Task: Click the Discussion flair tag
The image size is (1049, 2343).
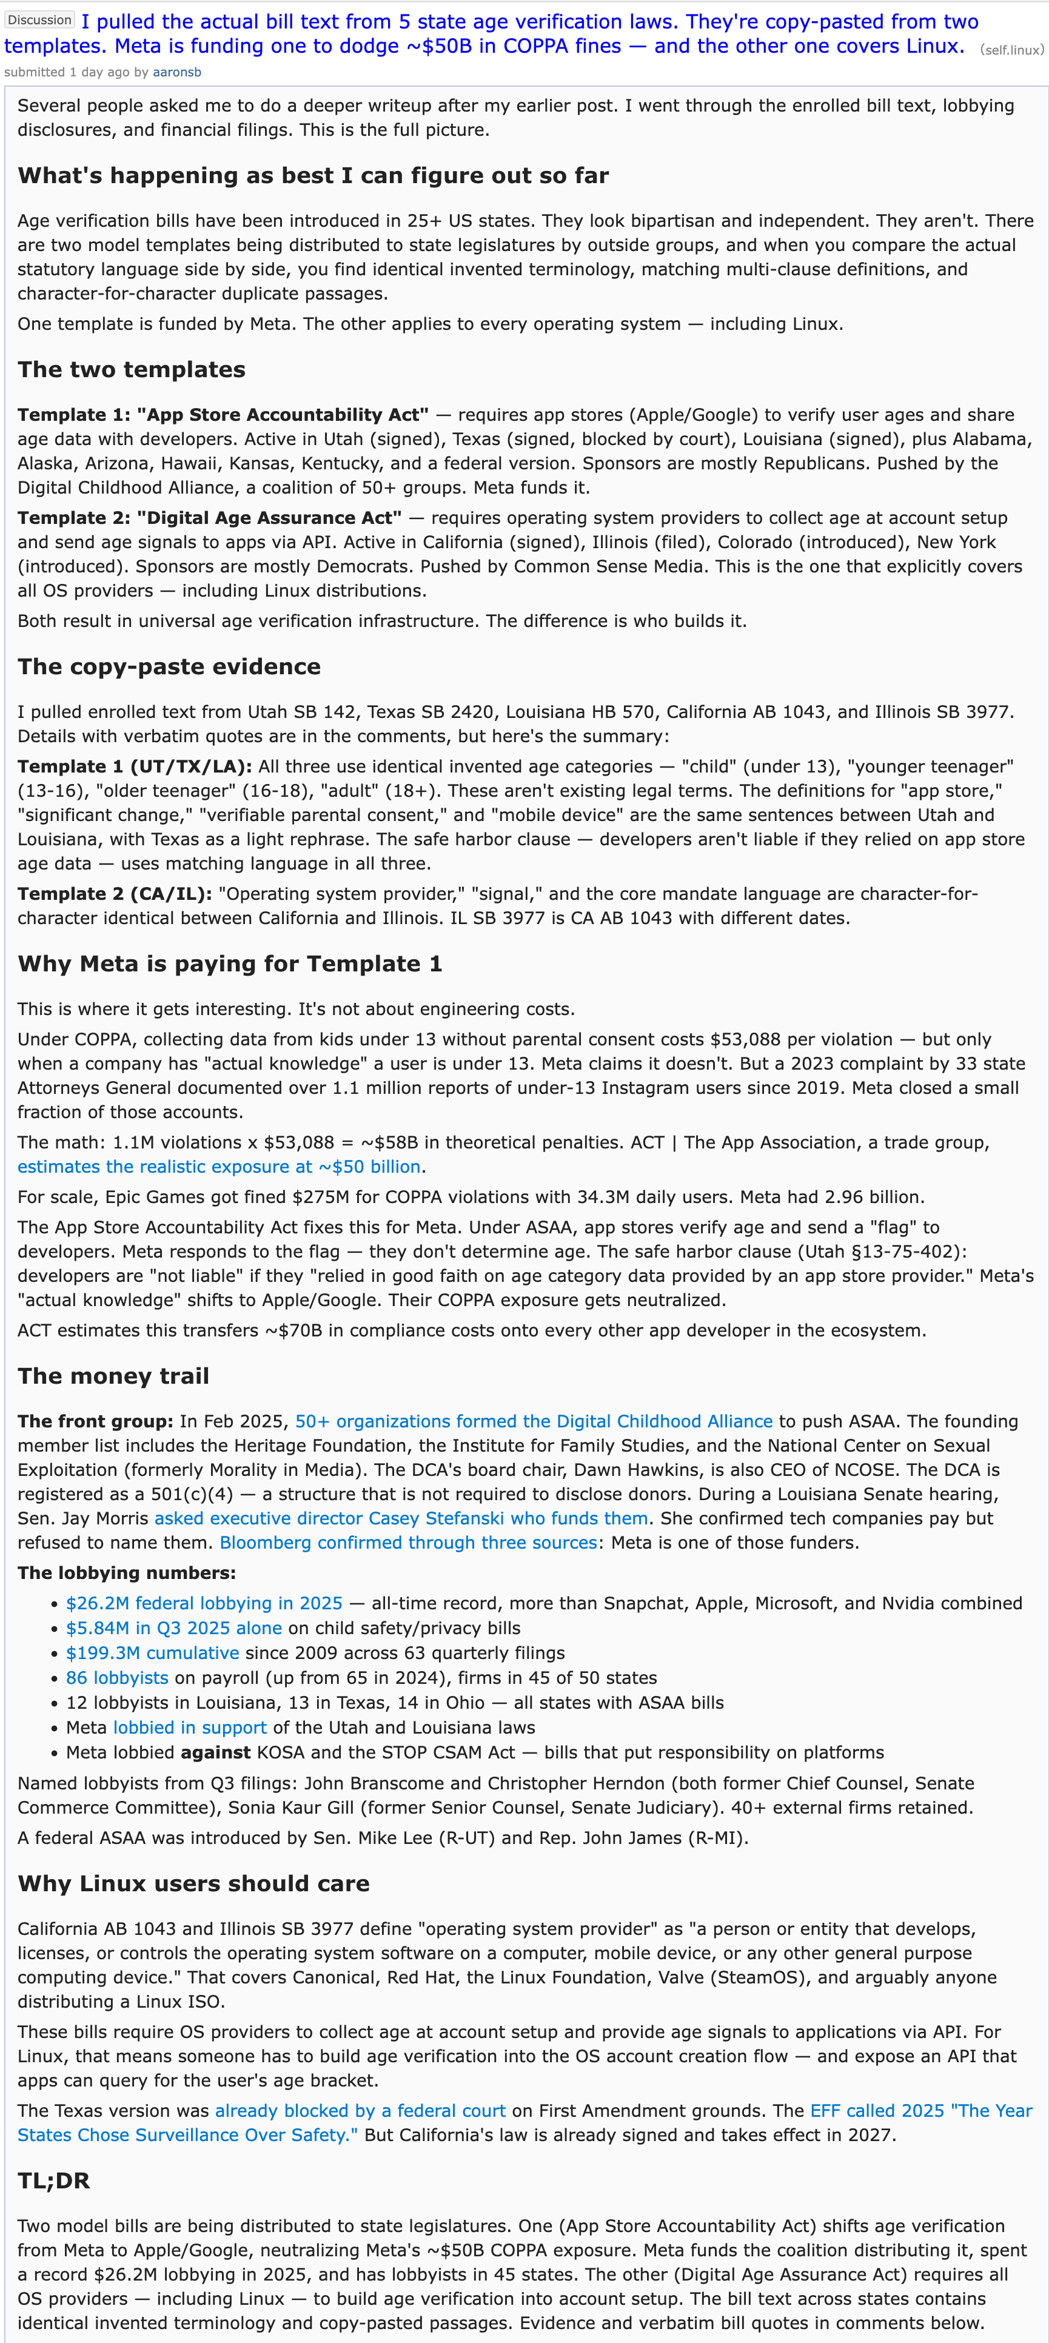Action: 39,20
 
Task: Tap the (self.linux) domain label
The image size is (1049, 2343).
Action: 1011,50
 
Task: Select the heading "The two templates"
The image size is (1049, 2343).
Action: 131,369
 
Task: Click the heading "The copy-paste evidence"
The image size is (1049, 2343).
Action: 169,667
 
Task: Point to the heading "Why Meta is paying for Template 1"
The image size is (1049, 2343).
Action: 229,964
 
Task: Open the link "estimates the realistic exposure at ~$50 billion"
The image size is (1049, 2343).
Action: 218,1167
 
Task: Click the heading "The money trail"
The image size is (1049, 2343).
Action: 113,1376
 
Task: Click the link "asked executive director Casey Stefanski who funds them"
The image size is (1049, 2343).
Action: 401,1518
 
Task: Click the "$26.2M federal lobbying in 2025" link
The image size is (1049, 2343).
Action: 204,1603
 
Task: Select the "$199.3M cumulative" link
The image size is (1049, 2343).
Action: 152,1653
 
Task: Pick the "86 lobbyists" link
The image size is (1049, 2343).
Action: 116,1677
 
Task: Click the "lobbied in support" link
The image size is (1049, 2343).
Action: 189,1727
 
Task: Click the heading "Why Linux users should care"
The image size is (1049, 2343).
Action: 193,1883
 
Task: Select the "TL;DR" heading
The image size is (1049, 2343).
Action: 54,2181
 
